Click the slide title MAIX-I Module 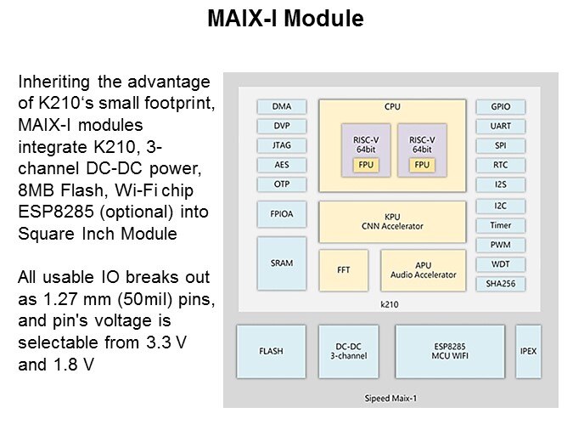[286, 19]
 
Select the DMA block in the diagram [282, 107]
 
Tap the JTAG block [282, 145]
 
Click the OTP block [282, 184]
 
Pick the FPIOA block [282, 214]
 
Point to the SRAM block [282, 263]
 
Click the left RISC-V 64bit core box [365, 148]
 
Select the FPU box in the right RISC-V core [422, 164]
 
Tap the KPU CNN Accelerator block [391, 222]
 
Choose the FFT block [344, 270]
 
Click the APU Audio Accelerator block [423, 270]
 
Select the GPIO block [500, 107]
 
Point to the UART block [500, 126]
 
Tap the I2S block [500, 184]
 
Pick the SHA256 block [500, 283]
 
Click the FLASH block [271, 351]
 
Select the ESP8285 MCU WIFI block [449, 351]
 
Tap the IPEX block [528, 351]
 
